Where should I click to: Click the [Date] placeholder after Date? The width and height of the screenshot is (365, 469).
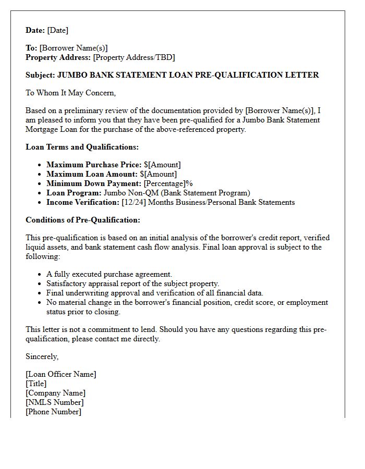tap(58, 30)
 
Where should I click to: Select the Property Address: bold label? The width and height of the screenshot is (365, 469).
tap(58, 57)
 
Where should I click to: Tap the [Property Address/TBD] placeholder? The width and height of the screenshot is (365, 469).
tap(134, 57)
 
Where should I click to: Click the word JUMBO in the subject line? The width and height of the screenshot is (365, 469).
tap(71, 75)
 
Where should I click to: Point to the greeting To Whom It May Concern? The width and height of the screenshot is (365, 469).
tap(70, 93)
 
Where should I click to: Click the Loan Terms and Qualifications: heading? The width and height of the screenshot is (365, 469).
tap(82, 147)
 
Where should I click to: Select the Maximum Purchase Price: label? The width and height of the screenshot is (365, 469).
tap(94, 165)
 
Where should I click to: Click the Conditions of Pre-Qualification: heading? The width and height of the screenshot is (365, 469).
tap(83, 220)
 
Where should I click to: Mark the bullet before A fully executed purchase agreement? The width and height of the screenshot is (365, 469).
tap(40, 274)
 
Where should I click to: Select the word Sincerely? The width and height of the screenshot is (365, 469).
tap(42, 356)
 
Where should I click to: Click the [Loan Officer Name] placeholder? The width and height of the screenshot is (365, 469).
tap(61, 374)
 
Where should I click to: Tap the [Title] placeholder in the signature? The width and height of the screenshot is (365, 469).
tap(36, 384)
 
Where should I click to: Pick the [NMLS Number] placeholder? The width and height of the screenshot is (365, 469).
tap(55, 402)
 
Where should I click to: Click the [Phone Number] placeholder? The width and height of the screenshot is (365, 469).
tap(53, 412)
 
